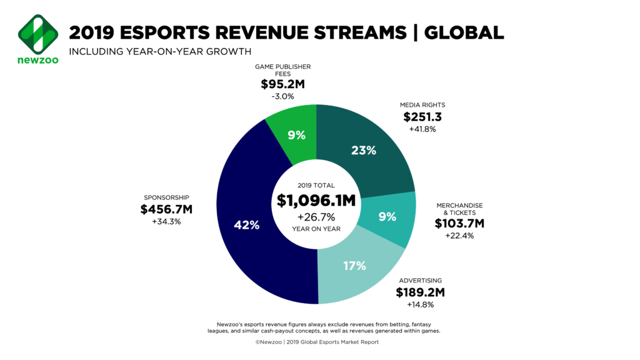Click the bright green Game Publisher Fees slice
coord(294,125)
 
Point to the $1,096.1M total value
coord(316,200)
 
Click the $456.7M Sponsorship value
coord(166,209)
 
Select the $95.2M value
coord(282,84)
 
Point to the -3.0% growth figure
coord(282,97)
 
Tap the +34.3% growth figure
coord(166,222)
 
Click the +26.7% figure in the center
coord(316,217)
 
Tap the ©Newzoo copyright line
coord(316,342)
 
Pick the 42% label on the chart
coord(246,225)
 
